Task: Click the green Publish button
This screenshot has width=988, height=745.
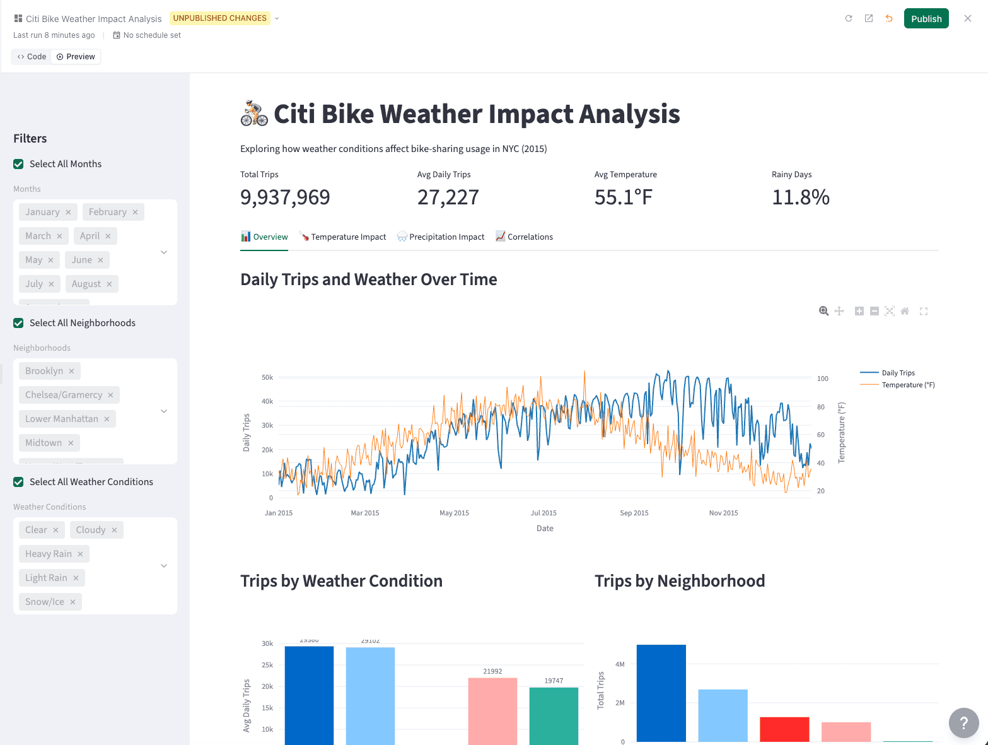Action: [x=926, y=19]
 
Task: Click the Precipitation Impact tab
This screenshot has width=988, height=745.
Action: [x=441, y=237]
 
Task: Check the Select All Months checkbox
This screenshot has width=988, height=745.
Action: [x=19, y=164]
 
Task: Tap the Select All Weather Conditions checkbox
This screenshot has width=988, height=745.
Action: [x=19, y=482]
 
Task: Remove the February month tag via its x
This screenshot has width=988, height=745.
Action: [x=135, y=213]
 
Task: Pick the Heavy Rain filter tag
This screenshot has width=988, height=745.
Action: [x=48, y=554]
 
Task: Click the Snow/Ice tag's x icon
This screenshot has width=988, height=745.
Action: [x=73, y=602]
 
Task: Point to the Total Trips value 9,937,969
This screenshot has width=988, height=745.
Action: [x=285, y=197]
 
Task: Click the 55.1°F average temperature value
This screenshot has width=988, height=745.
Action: [x=623, y=197]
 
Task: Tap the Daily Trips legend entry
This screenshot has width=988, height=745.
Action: [x=898, y=373]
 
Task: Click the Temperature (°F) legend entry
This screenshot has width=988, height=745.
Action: [x=907, y=385]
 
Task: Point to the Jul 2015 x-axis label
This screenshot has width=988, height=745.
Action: [x=543, y=513]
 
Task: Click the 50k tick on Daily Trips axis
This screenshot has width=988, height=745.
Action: [x=267, y=377]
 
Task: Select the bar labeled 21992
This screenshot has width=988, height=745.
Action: [x=492, y=710]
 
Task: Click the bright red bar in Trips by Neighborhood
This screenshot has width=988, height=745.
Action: [x=784, y=729]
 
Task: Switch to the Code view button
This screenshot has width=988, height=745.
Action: [x=32, y=57]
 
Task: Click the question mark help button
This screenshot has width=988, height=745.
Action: [x=963, y=723]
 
